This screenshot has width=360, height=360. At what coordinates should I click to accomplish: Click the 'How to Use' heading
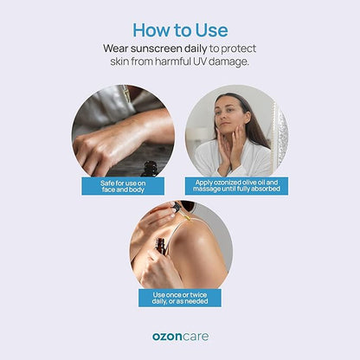pos(180,30)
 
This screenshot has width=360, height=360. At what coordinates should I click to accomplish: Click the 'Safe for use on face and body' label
pos(123,186)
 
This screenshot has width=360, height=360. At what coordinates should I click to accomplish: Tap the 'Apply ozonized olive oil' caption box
pos(236,186)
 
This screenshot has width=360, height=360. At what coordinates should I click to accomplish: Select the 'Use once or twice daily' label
pos(180,298)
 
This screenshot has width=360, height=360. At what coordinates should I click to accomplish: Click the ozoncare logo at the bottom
pos(180,337)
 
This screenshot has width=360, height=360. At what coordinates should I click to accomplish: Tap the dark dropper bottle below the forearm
pos(150,169)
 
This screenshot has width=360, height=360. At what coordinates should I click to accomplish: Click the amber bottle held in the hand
pos(161,246)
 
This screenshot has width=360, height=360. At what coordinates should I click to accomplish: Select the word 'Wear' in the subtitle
pos(116,48)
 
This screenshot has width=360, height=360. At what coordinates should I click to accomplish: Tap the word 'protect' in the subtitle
pos(239,49)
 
